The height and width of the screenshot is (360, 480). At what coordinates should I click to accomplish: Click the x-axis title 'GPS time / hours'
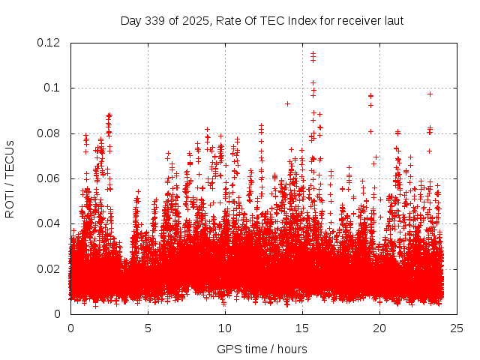coord(262,349)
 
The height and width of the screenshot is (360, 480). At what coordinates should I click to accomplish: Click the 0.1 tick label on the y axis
coord(54,88)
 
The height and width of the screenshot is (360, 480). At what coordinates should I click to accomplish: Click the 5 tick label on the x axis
coord(148,328)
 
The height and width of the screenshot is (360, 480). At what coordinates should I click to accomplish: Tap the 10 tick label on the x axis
coord(225,328)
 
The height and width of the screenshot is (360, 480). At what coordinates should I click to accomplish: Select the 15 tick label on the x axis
coord(302,328)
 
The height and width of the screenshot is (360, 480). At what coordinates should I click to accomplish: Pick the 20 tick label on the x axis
coord(379,328)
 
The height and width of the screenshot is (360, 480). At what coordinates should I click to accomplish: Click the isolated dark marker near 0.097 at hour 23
coord(430,94)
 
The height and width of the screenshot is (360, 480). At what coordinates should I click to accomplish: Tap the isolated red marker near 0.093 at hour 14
coord(287,103)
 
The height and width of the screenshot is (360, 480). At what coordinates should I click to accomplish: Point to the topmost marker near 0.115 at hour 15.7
coord(313,53)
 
